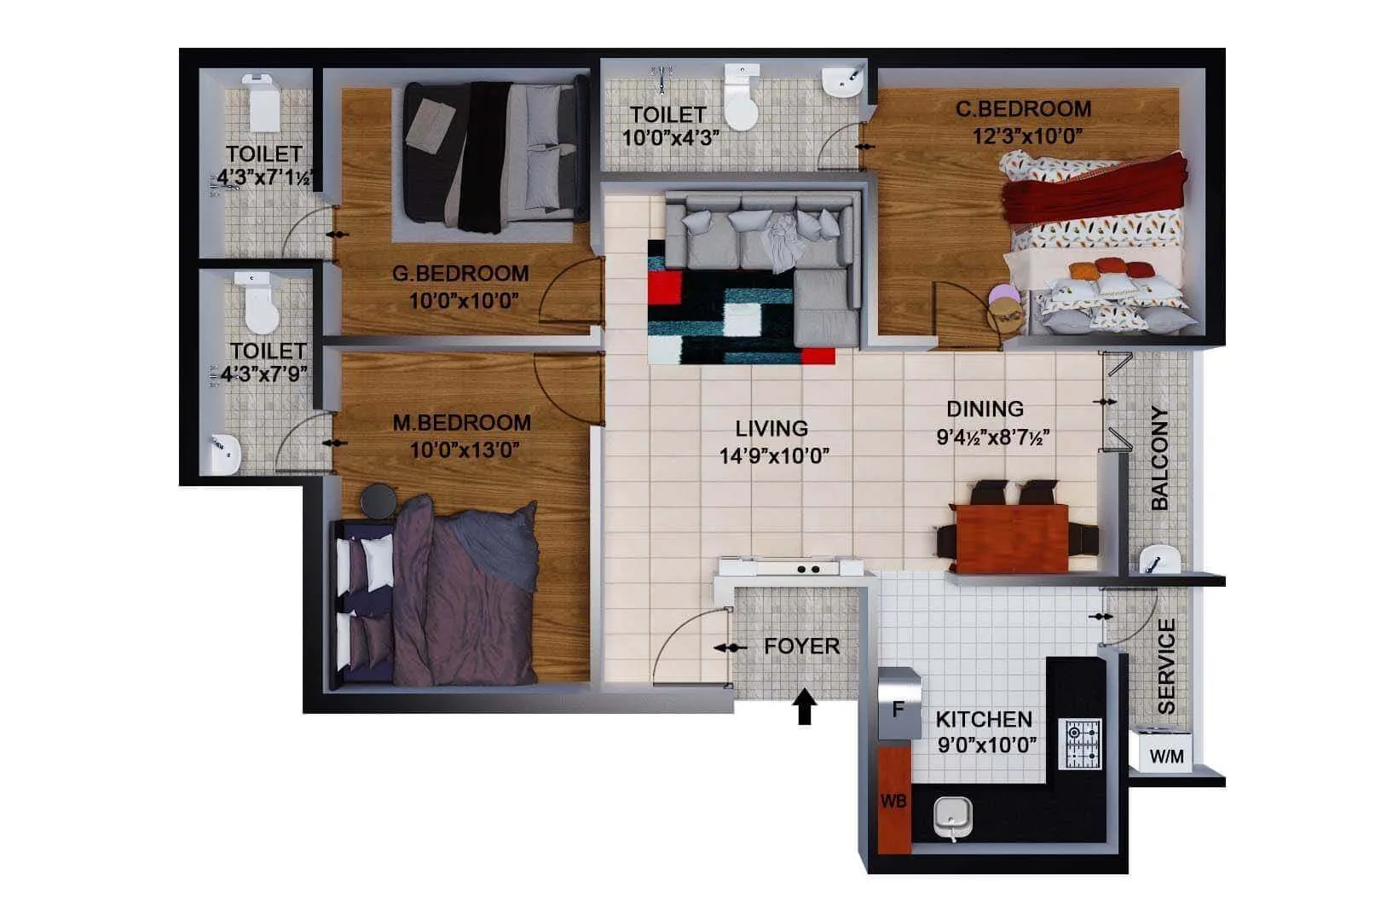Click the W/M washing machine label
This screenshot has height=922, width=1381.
click(1166, 757)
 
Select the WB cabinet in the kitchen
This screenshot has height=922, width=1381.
click(893, 801)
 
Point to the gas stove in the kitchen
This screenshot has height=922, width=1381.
click(1080, 743)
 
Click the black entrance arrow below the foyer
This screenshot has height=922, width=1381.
click(805, 707)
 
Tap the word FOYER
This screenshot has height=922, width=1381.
click(801, 647)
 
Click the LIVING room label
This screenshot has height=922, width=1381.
click(771, 428)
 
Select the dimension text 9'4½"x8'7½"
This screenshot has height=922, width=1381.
click(992, 438)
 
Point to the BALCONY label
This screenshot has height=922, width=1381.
click(1159, 458)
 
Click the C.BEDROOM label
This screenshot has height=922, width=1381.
click(1023, 109)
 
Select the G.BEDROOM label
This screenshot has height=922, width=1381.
click(460, 274)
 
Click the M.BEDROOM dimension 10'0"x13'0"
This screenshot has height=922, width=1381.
click(465, 450)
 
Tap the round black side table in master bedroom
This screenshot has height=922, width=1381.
click(378, 502)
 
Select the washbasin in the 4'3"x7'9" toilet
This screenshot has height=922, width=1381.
click(225, 452)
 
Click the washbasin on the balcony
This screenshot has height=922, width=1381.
click(1159, 560)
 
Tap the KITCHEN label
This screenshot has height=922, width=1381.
click(984, 719)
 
